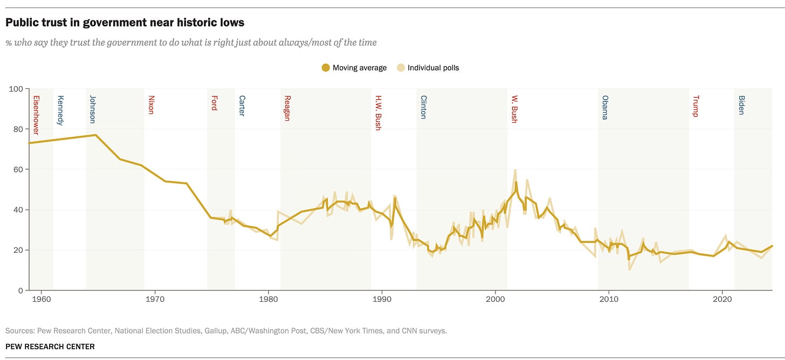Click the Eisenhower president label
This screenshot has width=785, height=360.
[36, 115]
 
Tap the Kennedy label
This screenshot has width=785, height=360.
[60, 110]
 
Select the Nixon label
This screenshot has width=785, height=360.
[151, 105]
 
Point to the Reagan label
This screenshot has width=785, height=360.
[287, 108]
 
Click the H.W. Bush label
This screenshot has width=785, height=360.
[378, 113]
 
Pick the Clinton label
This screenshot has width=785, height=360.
[423, 107]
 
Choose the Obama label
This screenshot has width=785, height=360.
[605, 107]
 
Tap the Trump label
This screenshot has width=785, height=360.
[696, 106]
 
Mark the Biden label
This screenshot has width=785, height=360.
[741, 105]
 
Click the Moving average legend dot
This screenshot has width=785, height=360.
[326, 67]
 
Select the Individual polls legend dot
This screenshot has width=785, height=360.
[401, 67]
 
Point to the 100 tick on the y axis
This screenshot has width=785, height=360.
[16, 89]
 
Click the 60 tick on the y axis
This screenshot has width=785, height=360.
[18, 170]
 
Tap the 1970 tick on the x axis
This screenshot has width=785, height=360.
[155, 299]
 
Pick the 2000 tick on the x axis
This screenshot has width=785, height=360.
[495, 299]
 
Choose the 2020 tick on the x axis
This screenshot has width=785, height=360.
[722, 299]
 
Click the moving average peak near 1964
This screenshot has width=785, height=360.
[95, 135]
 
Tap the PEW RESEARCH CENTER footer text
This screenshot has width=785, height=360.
[50, 347]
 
